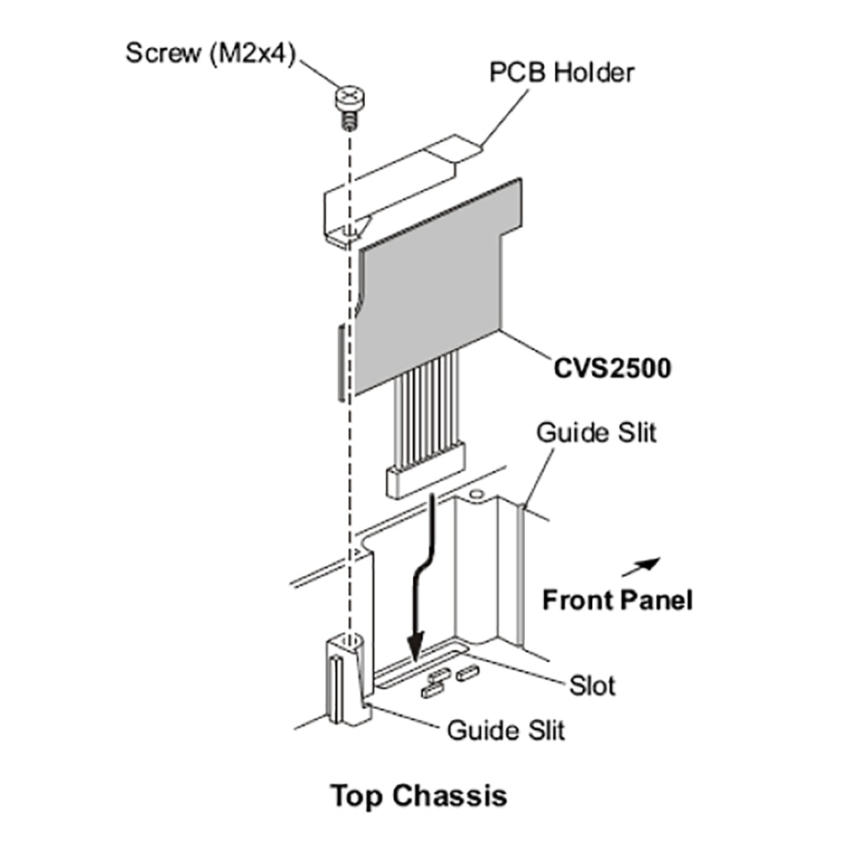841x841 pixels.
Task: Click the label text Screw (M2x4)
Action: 209,53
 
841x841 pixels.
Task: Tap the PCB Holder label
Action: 562,72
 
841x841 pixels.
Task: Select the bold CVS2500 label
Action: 612,368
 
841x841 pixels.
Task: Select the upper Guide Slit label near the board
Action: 596,433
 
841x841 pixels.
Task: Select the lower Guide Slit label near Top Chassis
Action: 506,730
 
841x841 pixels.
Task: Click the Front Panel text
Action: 617,600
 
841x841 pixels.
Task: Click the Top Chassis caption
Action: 419,795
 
